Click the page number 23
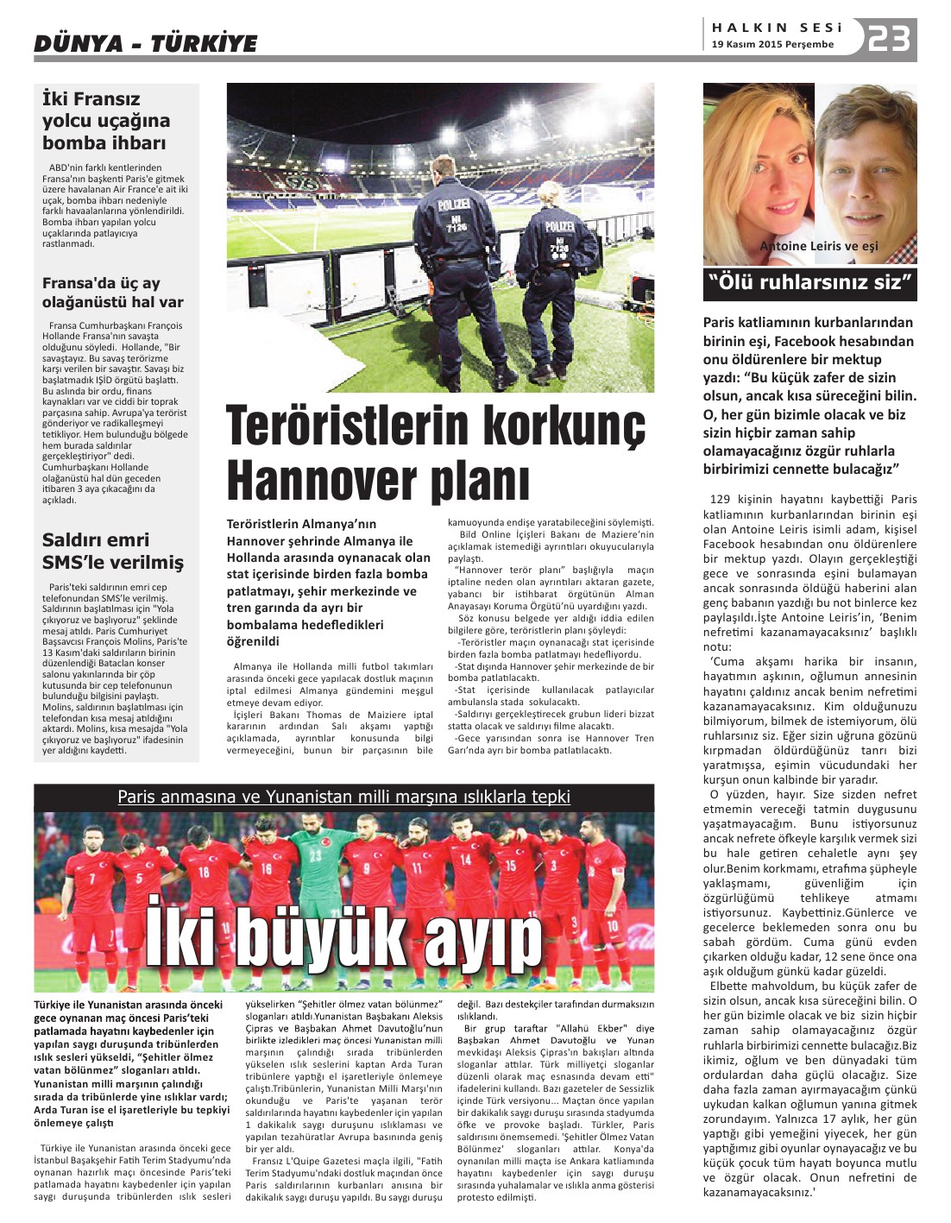(x=889, y=39)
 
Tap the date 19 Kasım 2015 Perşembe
(x=773, y=45)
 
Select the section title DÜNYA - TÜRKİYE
(x=146, y=43)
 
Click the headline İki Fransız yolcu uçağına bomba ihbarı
(x=106, y=121)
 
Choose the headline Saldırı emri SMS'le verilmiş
(x=113, y=552)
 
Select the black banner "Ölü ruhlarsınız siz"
(x=809, y=283)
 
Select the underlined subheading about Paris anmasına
(x=343, y=797)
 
